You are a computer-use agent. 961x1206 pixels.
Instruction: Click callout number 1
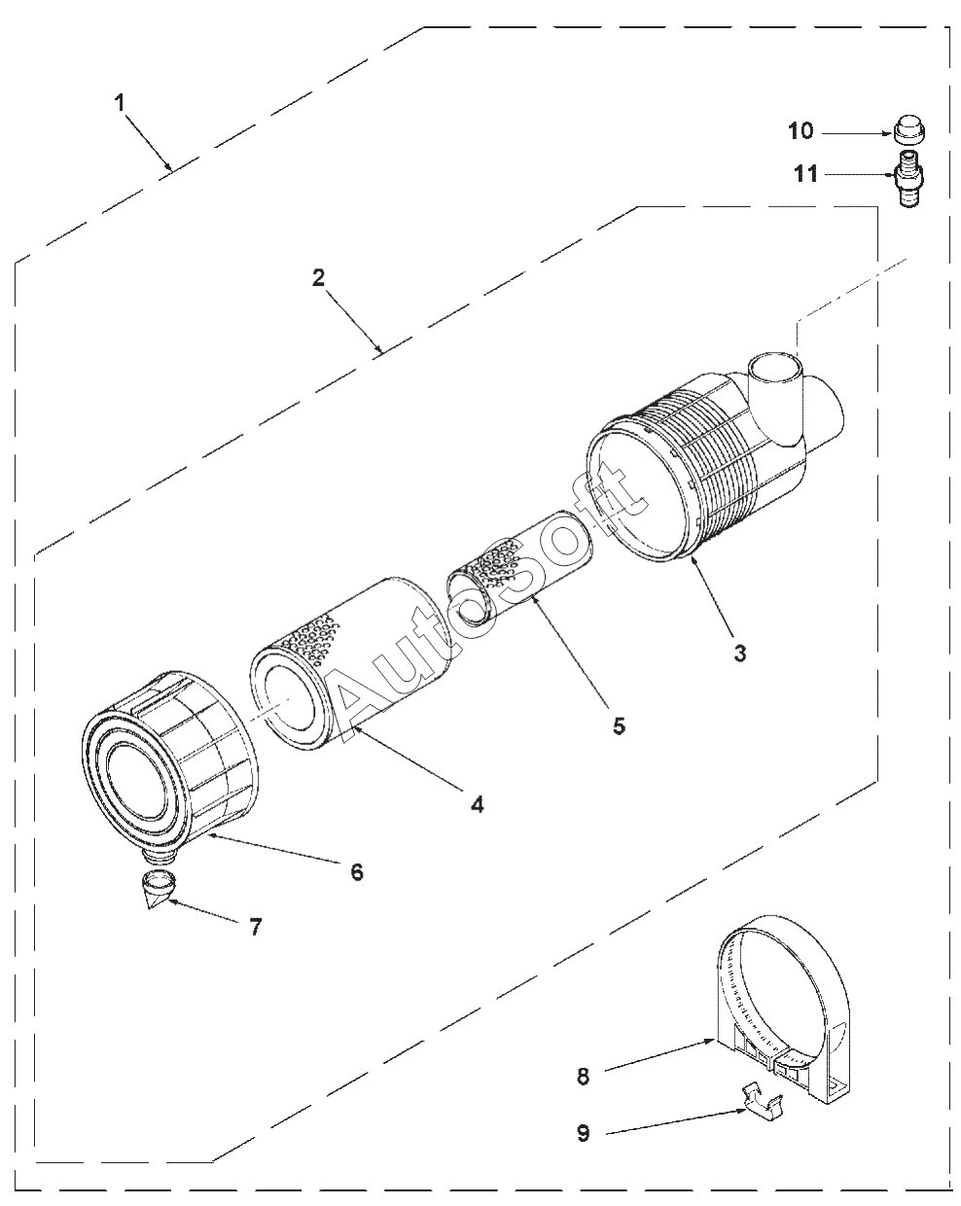click(121, 102)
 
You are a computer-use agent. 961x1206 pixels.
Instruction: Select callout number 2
click(318, 276)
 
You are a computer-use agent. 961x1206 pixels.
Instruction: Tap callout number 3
click(740, 653)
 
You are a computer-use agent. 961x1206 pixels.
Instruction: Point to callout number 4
click(477, 803)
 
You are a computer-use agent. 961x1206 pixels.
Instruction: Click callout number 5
click(619, 726)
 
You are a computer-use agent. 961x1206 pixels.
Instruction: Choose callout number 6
click(357, 871)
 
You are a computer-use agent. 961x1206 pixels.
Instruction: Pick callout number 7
click(255, 927)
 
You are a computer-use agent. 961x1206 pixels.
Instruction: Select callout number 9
click(584, 1133)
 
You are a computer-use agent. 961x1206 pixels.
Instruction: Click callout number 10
click(800, 131)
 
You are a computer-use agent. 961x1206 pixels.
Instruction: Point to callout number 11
click(806, 175)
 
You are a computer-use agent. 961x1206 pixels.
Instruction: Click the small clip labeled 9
click(761, 1100)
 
